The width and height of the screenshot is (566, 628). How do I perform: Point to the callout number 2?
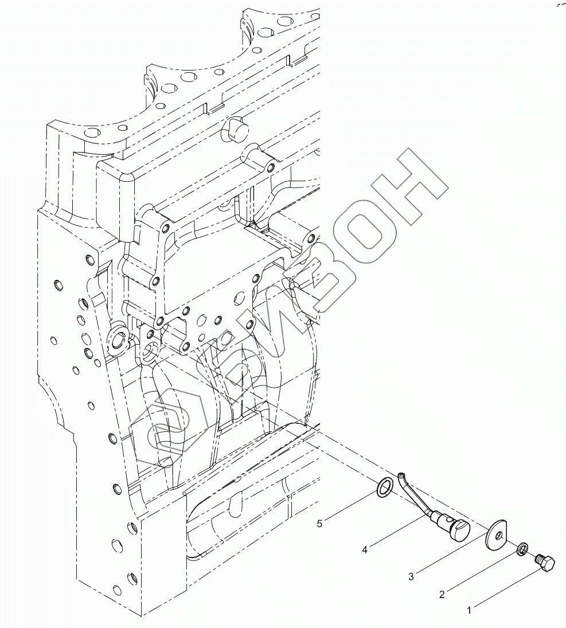(442, 595)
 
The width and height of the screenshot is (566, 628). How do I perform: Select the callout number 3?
(411, 577)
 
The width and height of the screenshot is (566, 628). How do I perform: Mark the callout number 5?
(321, 523)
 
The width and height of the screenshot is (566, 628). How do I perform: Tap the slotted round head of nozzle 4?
(460, 528)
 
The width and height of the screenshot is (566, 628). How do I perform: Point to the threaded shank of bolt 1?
(539, 557)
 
